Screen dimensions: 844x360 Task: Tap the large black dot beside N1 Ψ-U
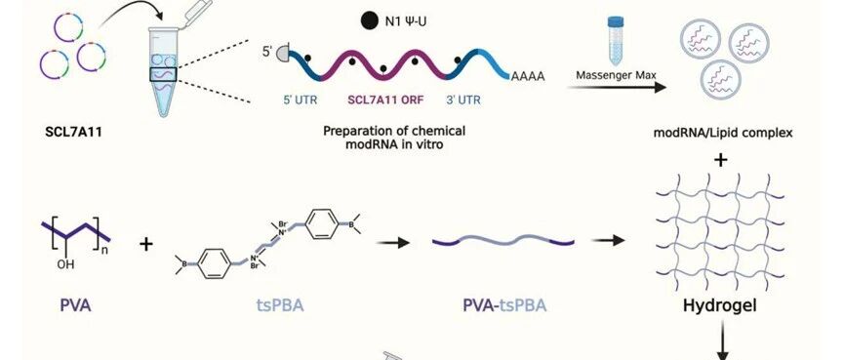pos(369,21)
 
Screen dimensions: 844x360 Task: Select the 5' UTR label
pos(300,100)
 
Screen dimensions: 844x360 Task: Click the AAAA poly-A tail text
pos(528,76)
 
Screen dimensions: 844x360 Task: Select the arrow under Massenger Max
pos(617,87)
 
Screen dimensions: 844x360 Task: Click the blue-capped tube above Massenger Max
pos(616,40)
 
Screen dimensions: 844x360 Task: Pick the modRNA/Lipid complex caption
pos(722,133)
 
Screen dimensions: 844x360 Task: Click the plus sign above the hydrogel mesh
pos(721,160)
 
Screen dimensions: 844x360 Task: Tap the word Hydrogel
pos(720,306)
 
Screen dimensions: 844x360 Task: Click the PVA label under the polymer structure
pos(75,306)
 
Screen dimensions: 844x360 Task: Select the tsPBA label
pos(279,306)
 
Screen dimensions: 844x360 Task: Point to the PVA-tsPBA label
pos(504,306)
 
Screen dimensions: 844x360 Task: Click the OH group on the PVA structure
pos(65,264)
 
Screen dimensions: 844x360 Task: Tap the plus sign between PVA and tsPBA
pos(145,244)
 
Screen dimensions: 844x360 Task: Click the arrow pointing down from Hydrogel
pos(722,343)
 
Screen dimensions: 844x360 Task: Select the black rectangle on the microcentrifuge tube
pos(163,74)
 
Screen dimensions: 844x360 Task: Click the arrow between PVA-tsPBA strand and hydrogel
pos(608,241)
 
